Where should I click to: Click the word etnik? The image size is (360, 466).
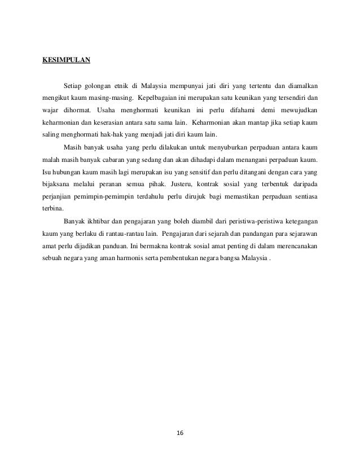(133, 86)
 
